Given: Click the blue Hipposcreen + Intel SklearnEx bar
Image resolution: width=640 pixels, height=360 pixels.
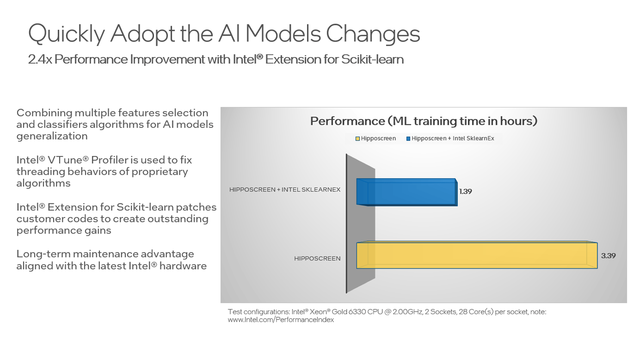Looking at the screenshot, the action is pos(407,192).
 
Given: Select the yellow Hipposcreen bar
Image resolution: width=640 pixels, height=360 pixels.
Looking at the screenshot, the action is pos(477,255).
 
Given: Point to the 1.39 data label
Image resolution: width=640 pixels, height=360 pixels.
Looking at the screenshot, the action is pos(465,191).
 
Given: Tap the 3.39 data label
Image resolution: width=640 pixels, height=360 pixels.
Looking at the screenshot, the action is pos(608,256).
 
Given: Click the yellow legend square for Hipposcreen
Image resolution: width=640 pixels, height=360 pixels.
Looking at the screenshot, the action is pos(358,139).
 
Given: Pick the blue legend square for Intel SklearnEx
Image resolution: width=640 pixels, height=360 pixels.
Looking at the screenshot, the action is pos(408,139).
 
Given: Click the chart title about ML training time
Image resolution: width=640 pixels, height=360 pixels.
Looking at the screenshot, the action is pos(424,121).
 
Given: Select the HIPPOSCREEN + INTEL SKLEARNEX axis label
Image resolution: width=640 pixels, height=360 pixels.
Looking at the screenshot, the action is pos(285,190).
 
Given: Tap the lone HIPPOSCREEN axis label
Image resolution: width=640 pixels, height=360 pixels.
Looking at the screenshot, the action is pos(317,258).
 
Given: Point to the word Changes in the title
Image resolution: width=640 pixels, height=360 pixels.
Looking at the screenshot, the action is pos(373,34).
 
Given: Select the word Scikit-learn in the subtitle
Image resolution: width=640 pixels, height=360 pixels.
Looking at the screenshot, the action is pos(372,59).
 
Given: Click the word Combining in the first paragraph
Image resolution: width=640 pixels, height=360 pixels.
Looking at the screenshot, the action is pos(44,113).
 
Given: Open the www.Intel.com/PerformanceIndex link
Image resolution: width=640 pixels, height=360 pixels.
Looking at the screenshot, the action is pos(281,320).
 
